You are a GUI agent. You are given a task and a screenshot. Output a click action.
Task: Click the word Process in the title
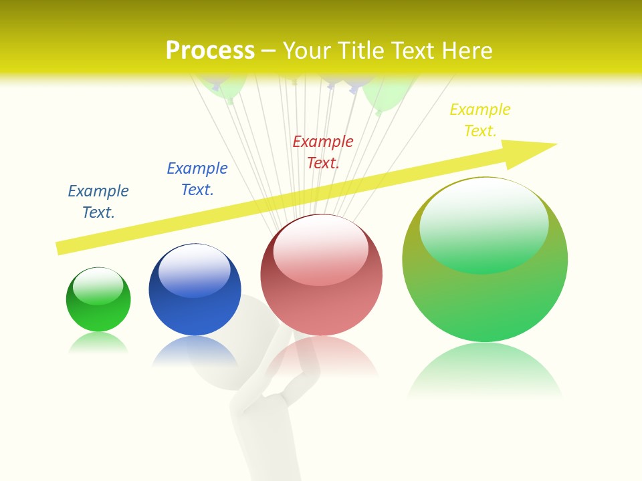[210, 51]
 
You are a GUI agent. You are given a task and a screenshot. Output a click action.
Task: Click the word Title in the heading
[363, 51]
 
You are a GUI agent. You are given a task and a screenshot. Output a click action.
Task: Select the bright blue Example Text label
[197, 179]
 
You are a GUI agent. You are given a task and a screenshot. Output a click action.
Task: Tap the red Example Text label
[323, 152]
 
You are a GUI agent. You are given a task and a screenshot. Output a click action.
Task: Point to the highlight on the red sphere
[321, 247]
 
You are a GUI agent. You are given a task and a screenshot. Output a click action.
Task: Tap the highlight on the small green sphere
[98, 286]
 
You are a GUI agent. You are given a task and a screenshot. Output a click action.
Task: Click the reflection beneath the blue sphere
[195, 351]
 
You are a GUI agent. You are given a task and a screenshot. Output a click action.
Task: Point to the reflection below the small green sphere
[98, 343]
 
